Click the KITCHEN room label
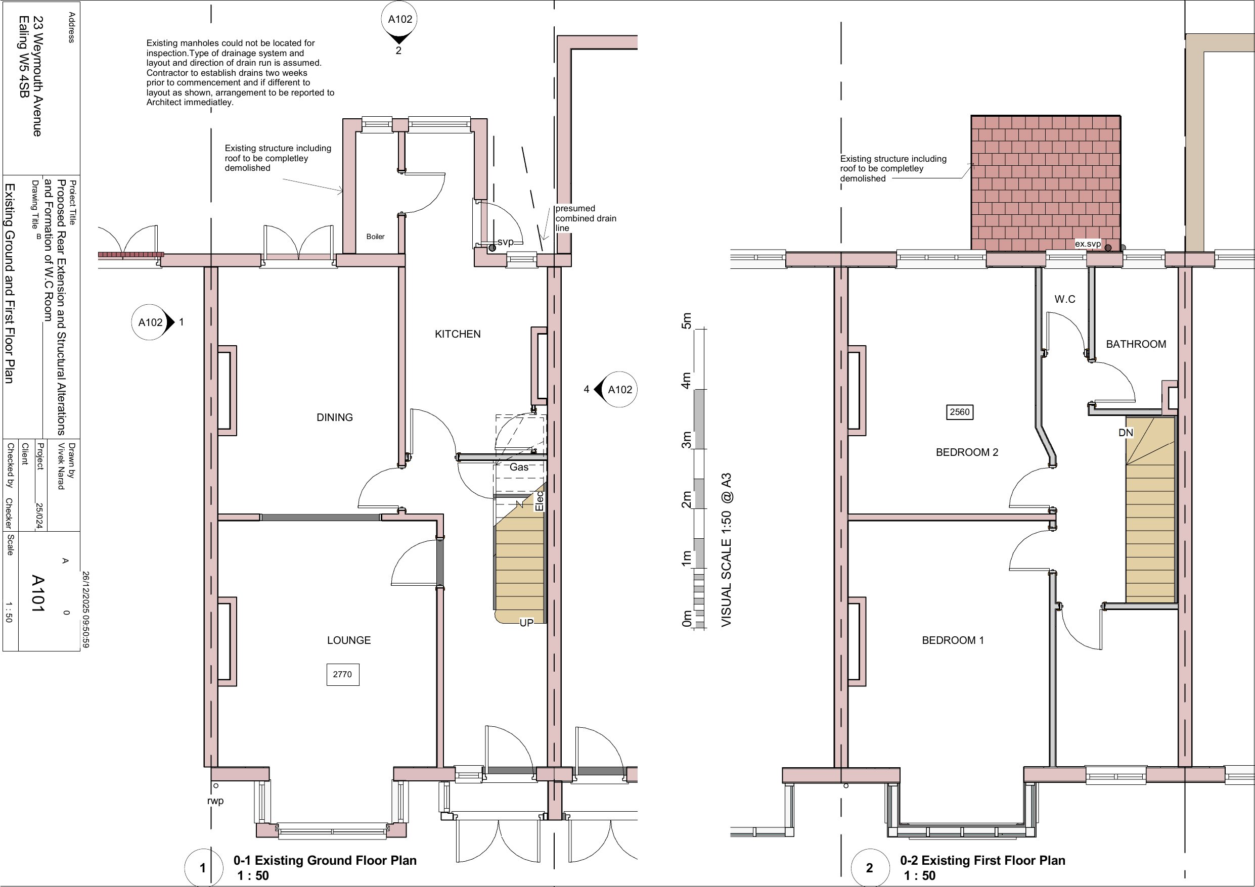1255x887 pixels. (458, 334)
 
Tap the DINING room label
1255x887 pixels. (335, 417)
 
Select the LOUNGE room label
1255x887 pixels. (349, 640)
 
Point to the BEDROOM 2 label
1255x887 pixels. (967, 452)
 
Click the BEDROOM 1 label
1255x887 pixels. (953, 640)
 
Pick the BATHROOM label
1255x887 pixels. (1136, 344)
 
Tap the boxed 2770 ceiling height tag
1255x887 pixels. (343, 674)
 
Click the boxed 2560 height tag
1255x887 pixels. (960, 412)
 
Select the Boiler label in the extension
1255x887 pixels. (376, 237)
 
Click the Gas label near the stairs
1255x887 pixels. (519, 468)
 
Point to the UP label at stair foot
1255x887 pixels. (526, 623)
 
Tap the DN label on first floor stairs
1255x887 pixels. (1126, 433)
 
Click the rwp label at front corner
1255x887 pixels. (215, 801)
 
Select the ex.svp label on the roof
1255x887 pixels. (1088, 244)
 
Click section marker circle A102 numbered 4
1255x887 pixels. (620, 390)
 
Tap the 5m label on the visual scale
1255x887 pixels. (687, 321)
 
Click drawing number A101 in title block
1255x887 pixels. (37, 593)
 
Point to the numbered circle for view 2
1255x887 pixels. (870, 868)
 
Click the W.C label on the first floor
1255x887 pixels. (1065, 299)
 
